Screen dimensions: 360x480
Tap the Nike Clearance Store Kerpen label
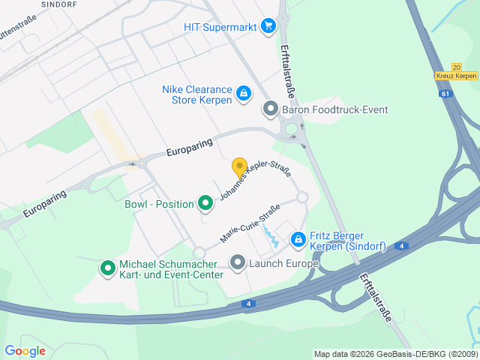(196, 94)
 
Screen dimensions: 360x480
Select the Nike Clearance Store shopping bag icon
(243, 94)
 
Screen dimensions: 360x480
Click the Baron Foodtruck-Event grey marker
(270, 109)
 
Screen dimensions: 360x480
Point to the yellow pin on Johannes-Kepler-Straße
(239, 168)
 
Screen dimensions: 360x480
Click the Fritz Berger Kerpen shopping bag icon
(298, 239)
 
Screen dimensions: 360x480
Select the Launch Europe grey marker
(238, 262)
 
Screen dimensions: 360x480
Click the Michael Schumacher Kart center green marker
(107, 266)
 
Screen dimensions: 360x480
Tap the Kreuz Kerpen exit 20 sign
(455, 72)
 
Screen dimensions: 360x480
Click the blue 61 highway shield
(446, 94)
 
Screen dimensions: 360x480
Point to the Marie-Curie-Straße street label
(250, 223)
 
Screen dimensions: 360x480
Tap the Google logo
(25, 350)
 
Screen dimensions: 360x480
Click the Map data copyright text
(394, 354)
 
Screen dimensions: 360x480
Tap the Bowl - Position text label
(159, 204)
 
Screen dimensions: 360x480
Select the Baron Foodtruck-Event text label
(334, 110)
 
